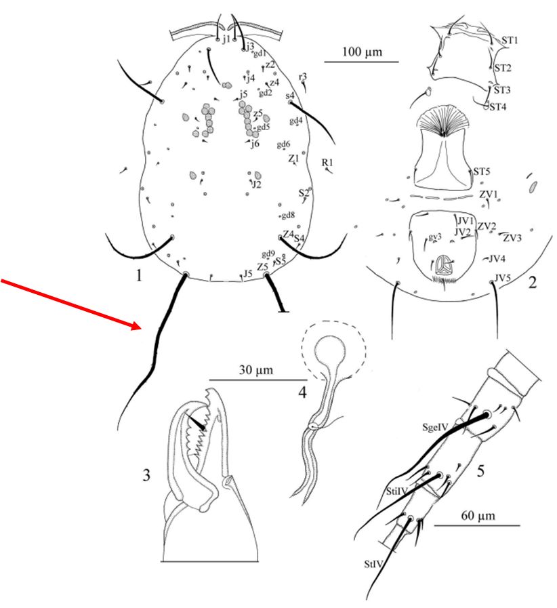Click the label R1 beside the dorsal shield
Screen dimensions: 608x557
click(328, 162)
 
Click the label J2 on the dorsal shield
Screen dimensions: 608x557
click(255, 184)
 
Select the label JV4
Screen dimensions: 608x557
click(497, 258)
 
